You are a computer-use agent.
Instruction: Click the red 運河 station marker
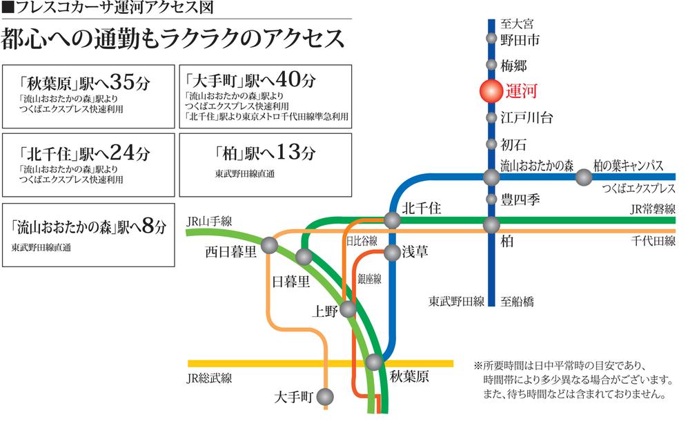(491, 92)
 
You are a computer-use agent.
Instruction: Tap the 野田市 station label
(521, 40)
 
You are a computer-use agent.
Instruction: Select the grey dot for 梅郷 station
(491, 66)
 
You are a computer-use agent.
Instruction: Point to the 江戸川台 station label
(527, 117)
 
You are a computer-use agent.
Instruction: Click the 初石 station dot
(491, 144)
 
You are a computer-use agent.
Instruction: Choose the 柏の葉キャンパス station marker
(584, 177)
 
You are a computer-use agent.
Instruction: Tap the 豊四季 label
(520, 200)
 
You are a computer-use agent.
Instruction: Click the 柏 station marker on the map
(491, 225)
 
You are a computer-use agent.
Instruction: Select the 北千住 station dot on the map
(392, 220)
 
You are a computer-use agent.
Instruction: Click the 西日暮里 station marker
(270, 245)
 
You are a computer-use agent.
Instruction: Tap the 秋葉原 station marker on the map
(375, 362)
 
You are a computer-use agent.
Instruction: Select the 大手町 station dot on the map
(324, 397)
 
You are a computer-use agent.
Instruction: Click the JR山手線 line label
(209, 221)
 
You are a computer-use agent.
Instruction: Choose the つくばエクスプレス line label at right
(638, 189)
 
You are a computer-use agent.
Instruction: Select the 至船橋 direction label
(517, 302)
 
